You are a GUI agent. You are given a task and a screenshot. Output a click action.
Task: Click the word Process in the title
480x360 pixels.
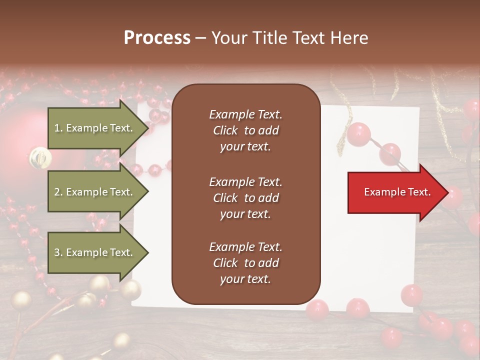[157, 38]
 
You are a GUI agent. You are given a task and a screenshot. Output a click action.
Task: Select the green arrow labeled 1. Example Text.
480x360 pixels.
[95, 128]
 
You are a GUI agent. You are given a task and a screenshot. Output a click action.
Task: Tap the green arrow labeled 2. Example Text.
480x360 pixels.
[95, 192]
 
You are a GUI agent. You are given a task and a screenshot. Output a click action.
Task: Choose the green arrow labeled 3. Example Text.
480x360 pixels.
[95, 252]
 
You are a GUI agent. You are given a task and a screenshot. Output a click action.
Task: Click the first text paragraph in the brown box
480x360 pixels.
[245, 130]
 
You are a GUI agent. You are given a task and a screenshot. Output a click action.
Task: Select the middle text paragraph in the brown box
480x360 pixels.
[245, 198]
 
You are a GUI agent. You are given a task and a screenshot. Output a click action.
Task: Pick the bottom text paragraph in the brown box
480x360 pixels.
[245, 263]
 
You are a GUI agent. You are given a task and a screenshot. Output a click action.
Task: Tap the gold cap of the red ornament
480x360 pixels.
[40, 157]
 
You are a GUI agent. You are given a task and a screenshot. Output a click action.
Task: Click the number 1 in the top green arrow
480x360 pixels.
[57, 128]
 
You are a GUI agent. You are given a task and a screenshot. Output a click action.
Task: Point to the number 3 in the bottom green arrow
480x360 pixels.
[57, 253]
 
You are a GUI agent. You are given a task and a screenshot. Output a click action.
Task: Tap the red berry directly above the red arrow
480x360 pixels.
[389, 154]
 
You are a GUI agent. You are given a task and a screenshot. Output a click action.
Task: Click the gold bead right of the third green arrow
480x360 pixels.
[130, 289]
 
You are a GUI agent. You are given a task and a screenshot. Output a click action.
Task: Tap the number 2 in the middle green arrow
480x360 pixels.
[57, 192]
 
